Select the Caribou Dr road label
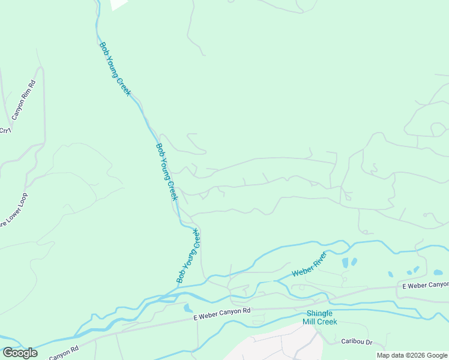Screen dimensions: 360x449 (357, 342)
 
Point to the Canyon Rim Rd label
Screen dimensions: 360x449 (25, 98)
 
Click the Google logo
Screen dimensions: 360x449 (20, 353)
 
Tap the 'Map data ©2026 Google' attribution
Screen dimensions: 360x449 (412, 355)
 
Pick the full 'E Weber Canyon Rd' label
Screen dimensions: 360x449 (221, 311)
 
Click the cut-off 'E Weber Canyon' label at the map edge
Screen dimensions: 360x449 (425, 284)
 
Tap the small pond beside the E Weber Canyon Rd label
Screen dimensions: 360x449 (188, 308)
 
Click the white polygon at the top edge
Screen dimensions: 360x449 (119, 4)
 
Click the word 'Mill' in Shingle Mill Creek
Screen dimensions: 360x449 (314, 322)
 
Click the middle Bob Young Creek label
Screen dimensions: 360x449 (167, 172)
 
